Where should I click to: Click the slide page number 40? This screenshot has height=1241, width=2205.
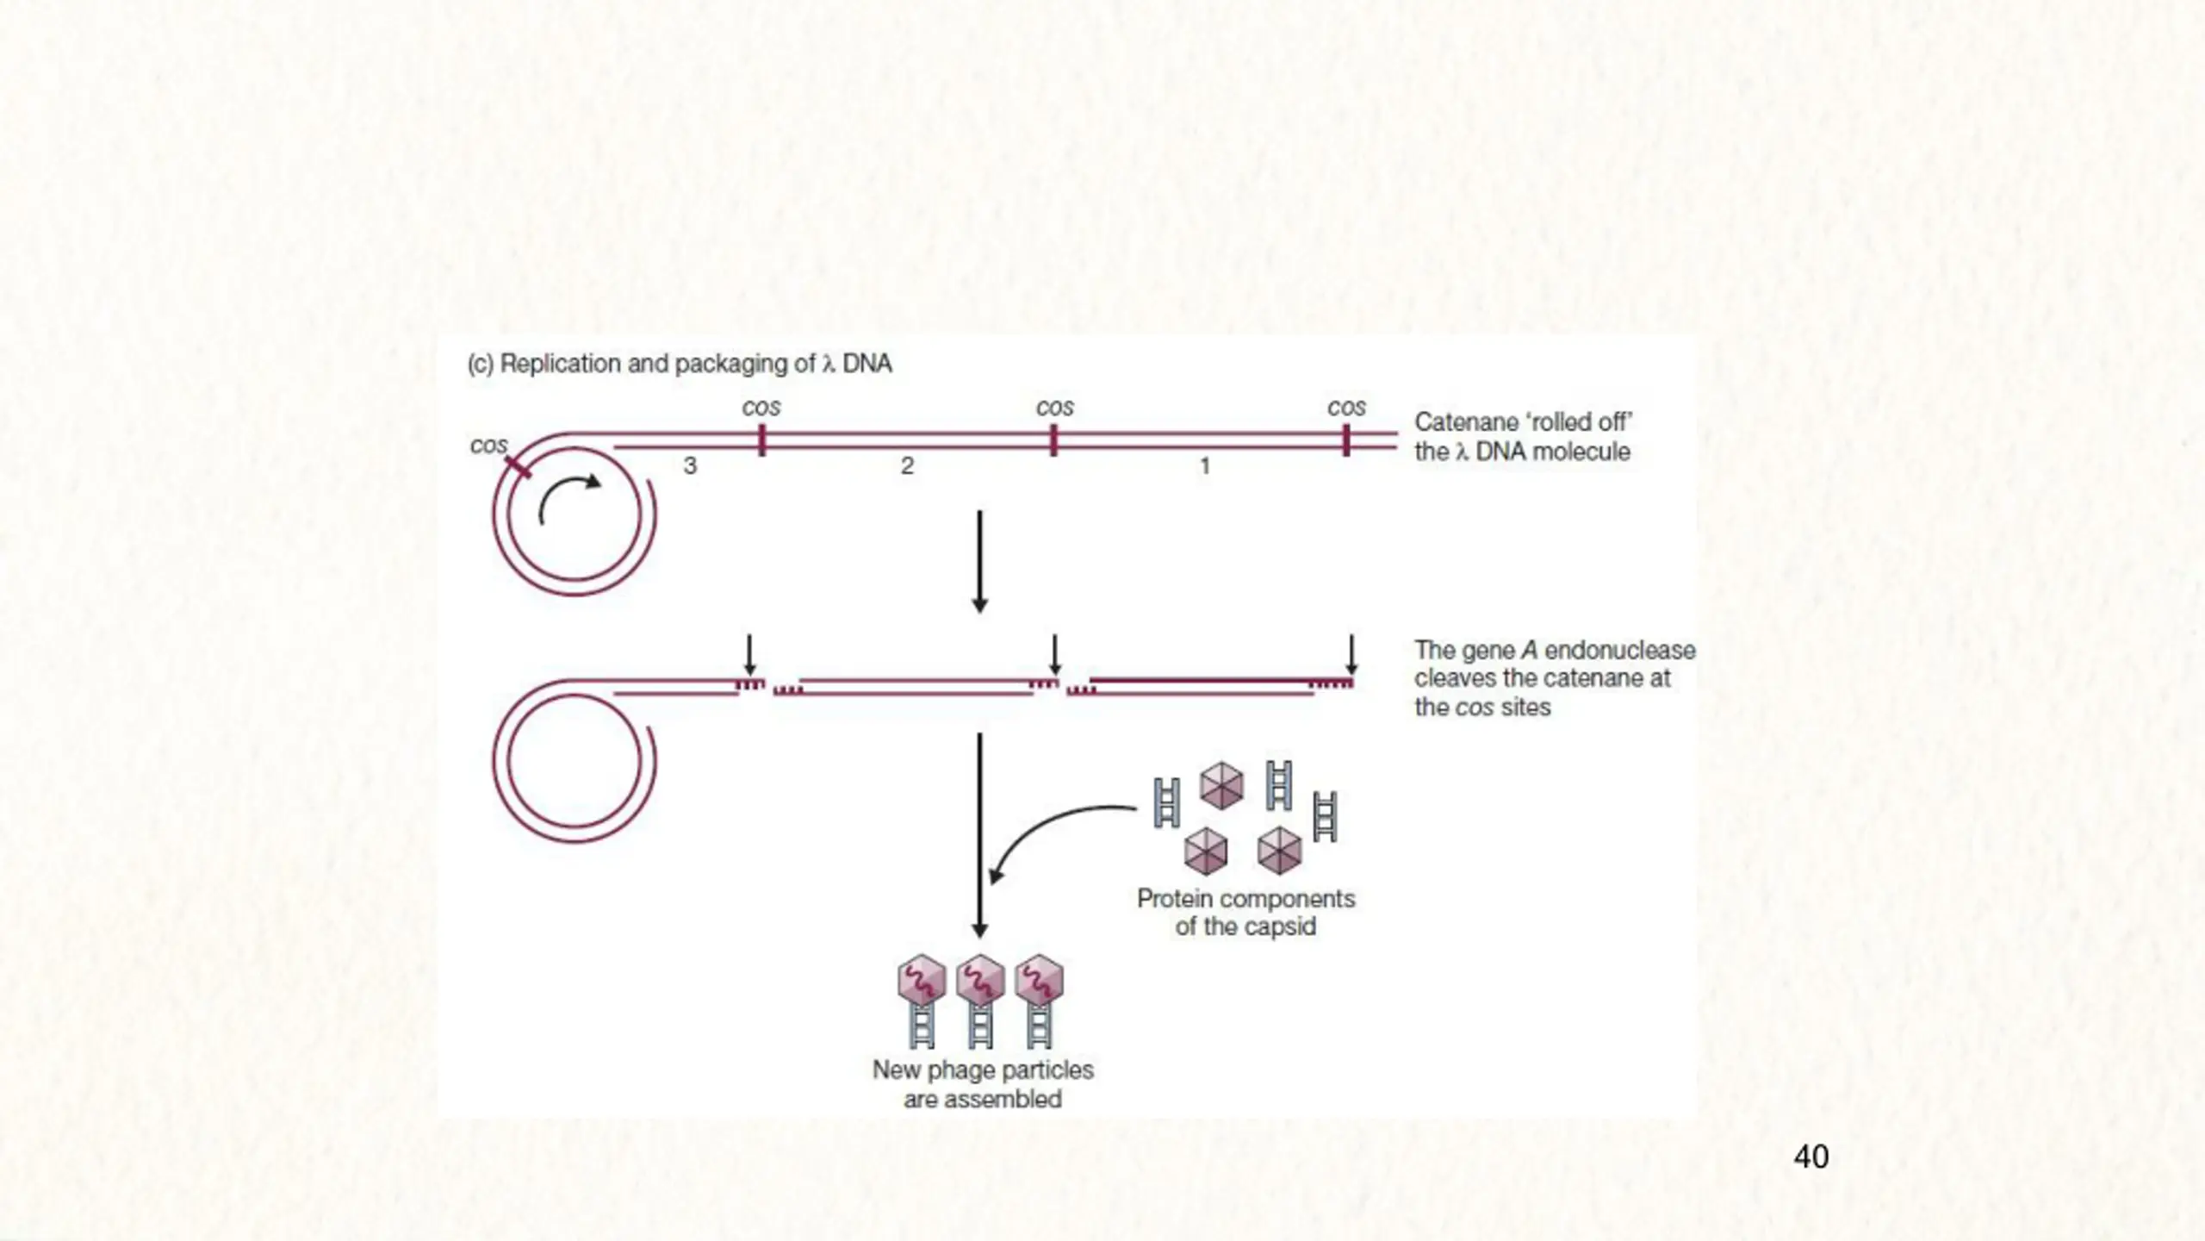pos(1811,1157)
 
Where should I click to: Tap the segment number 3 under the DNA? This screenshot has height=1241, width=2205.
pos(690,466)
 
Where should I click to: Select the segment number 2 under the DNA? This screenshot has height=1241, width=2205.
pos(907,466)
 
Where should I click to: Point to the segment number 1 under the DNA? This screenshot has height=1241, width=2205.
pos(1205,466)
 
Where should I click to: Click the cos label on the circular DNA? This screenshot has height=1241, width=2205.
pos(488,446)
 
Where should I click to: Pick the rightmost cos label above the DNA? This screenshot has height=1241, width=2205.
pos(1346,407)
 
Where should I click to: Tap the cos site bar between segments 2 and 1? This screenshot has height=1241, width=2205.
pos(1053,440)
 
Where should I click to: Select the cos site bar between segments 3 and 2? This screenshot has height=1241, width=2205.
pos(761,440)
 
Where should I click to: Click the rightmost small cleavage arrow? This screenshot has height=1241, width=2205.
pos(1351,655)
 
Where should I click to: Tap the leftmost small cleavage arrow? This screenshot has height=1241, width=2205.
pos(749,655)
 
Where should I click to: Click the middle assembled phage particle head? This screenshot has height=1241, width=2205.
pos(980,980)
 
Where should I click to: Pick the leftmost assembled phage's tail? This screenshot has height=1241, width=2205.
pos(922,1026)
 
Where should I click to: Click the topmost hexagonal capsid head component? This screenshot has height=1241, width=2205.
pos(1221,785)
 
